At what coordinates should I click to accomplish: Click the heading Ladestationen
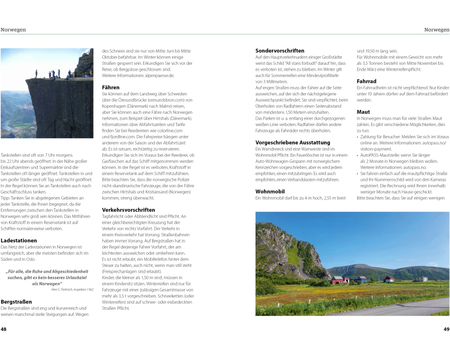coord(18,241)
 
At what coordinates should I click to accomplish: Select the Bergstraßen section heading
coord(16,301)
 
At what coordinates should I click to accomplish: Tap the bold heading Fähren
coord(111,87)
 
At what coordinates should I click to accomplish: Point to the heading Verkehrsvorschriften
coord(128,210)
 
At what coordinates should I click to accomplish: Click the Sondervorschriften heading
coord(280,51)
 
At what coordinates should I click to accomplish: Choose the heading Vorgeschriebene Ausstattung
coord(293,143)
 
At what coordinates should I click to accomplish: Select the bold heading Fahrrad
coord(367,81)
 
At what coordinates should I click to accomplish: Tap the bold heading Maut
coord(363,112)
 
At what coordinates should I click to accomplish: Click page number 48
coord(4,329)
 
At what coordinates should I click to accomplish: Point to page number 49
coord(446,329)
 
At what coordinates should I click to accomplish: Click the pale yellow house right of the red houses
coord(421,279)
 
